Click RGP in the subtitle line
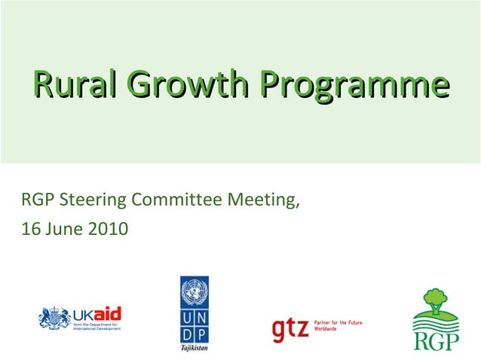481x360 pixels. click(x=37, y=200)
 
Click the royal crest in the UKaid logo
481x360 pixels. click(x=54, y=319)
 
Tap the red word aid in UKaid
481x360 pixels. click(x=109, y=314)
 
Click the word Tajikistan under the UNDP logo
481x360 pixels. click(x=195, y=348)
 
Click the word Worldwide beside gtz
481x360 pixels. click(x=326, y=329)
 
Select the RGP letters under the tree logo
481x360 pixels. click(x=435, y=340)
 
